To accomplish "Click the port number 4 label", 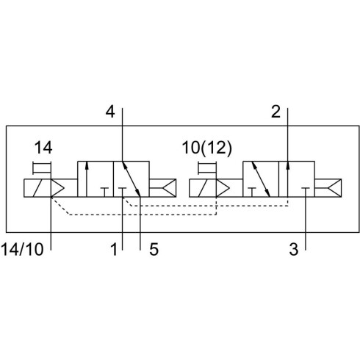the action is click(x=110, y=112).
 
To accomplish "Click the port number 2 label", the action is click(x=276, y=112).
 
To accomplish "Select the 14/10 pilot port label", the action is click(x=22, y=249).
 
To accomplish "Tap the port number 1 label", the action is click(x=114, y=249).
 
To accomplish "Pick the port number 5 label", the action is click(x=154, y=249).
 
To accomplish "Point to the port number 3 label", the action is click(x=294, y=249).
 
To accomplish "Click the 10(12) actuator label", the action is click(x=206, y=148).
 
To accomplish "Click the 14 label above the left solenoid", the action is click(x=43, y=148).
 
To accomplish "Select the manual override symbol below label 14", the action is click(x=42, y=168).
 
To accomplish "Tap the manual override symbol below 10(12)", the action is click(x=207, y=168).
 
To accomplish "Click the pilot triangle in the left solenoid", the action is click(x=57, y=188).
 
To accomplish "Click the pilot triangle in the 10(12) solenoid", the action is click(x=223, y=188).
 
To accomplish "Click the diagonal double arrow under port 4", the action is click(x=131, y=179).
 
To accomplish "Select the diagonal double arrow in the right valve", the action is click(x=261, y=179).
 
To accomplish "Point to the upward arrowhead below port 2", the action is click(x=288, y=165).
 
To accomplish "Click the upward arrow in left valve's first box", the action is click(x=87, y=179).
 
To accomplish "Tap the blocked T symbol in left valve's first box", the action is click(x=104, y=192).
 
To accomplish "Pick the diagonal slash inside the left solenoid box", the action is click(x=37, y=188).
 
